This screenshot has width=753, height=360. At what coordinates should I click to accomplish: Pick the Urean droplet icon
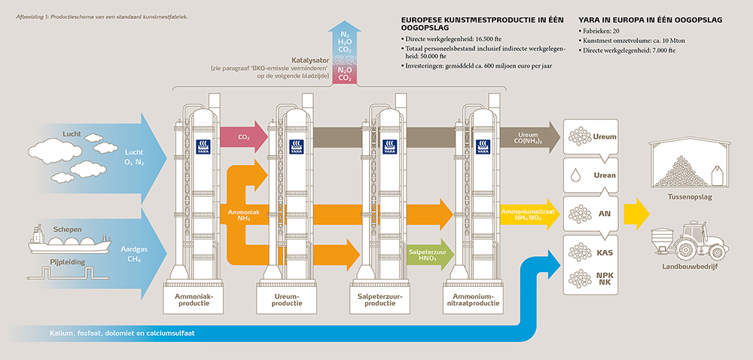pyautogui.click(x=575, y=175)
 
